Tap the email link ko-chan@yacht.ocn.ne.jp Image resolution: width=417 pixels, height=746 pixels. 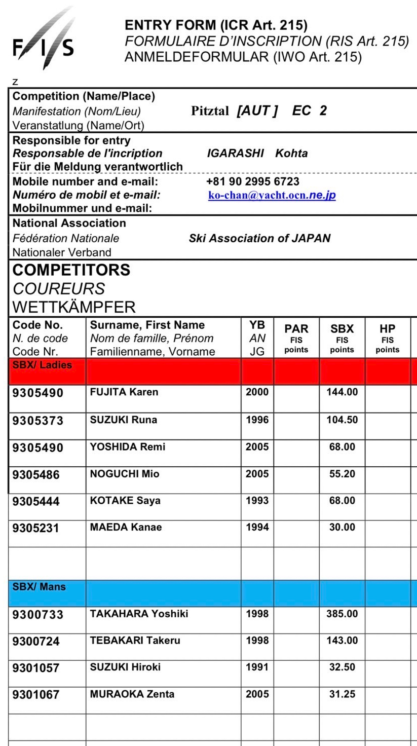272,196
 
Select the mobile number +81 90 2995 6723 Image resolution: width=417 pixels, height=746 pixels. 253,181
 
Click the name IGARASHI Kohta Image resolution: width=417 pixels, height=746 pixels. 257,154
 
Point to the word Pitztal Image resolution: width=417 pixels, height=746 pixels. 210,111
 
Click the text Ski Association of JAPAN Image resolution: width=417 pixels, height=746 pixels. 259,238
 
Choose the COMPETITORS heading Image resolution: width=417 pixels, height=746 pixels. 71,270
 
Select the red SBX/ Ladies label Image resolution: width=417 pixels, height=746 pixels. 42,365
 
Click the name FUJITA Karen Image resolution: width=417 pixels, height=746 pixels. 124,392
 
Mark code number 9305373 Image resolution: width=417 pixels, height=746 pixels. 38,420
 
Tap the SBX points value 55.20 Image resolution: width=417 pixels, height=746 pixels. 342,474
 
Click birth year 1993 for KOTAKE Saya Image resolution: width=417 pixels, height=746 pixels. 257,501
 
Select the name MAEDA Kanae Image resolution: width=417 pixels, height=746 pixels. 126,527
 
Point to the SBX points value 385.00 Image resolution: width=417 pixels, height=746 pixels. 342,614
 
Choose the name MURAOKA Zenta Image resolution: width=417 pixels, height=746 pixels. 132,694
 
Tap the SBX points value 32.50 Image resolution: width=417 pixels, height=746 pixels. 342,667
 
